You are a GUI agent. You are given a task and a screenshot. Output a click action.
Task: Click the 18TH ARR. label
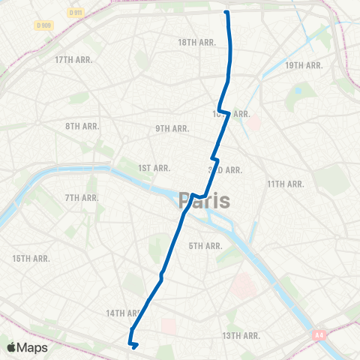196,43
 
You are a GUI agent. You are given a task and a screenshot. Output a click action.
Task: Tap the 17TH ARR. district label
73,60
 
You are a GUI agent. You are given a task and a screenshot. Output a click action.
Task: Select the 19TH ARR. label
304,65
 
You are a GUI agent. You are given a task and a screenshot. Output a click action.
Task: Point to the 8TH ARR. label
82,126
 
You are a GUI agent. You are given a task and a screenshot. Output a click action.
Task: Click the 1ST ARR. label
155,168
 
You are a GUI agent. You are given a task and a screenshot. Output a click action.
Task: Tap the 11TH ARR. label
286,184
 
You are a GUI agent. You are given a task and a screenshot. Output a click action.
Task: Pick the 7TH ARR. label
82,198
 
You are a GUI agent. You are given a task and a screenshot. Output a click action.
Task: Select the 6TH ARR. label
205,246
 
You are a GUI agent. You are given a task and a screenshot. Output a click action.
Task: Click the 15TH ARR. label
31,258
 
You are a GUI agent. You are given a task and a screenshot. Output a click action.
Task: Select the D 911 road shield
75,13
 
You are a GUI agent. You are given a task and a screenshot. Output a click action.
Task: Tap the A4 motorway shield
319,335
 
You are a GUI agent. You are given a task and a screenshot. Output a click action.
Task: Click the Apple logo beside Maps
11,347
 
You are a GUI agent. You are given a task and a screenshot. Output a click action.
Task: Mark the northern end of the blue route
226,12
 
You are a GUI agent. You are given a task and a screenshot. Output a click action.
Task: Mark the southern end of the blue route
134,346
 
